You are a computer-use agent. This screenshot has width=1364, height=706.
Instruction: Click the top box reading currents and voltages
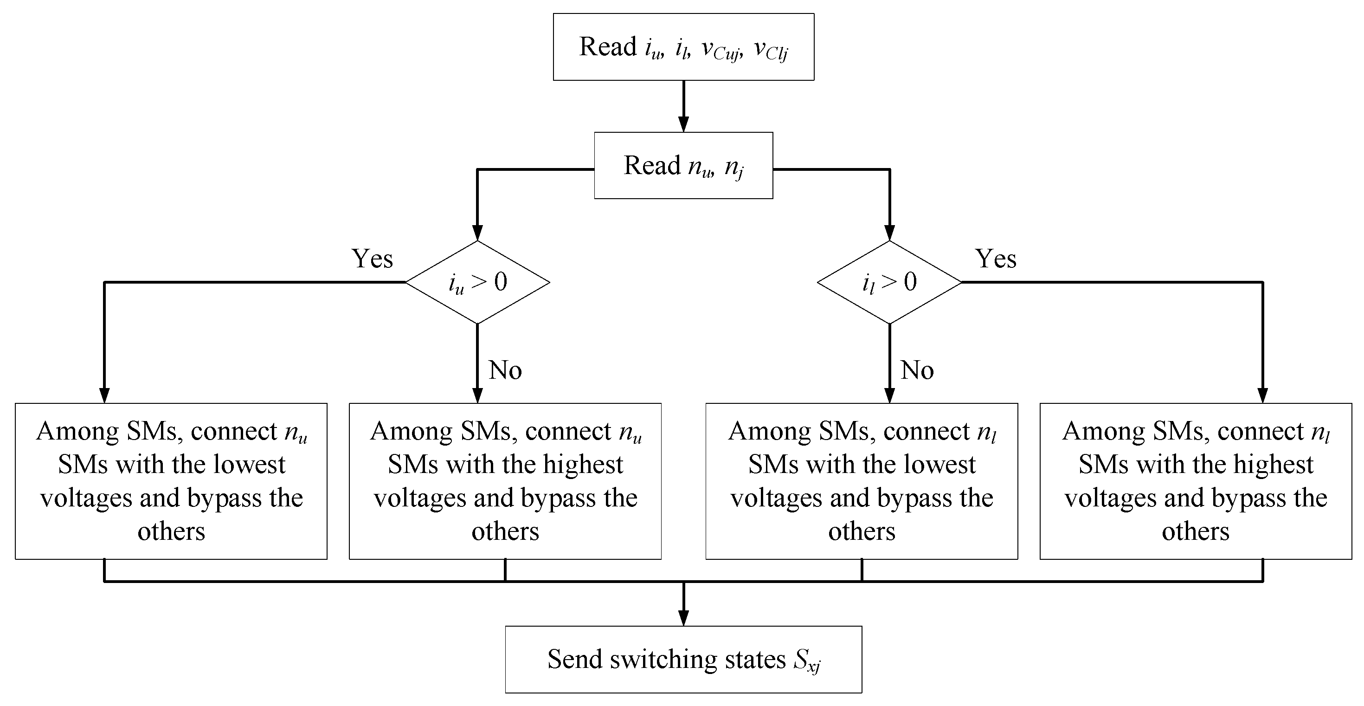tap(683, 47)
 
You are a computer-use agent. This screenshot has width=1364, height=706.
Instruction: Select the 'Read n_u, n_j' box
tap(683, 165)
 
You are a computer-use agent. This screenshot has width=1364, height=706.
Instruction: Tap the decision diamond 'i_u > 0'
tap(477, 282)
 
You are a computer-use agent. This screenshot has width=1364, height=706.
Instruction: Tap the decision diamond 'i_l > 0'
tap(889, 282)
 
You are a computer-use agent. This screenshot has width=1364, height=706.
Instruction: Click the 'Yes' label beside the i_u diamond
tap(372, 259)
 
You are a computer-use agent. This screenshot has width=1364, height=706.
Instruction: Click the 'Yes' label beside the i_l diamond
tap(996, 259)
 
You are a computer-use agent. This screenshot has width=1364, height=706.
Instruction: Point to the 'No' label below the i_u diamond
tap(505, 370)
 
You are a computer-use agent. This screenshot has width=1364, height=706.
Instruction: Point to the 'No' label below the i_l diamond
tap(917, 370)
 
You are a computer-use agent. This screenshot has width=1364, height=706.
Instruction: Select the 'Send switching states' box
tap(683, 660)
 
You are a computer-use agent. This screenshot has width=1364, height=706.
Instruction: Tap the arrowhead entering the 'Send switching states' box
tap(683, 618)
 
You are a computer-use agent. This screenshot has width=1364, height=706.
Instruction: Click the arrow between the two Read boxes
tap(683, 106)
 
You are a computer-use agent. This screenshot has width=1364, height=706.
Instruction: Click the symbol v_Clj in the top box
tap(771, 50)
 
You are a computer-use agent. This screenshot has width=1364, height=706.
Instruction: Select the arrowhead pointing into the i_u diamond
tap(477, 233)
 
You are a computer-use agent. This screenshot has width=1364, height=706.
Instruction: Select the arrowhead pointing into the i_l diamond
tap(889, 233)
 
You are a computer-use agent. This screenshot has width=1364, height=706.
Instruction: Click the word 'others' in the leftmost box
tap(171, 531)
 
